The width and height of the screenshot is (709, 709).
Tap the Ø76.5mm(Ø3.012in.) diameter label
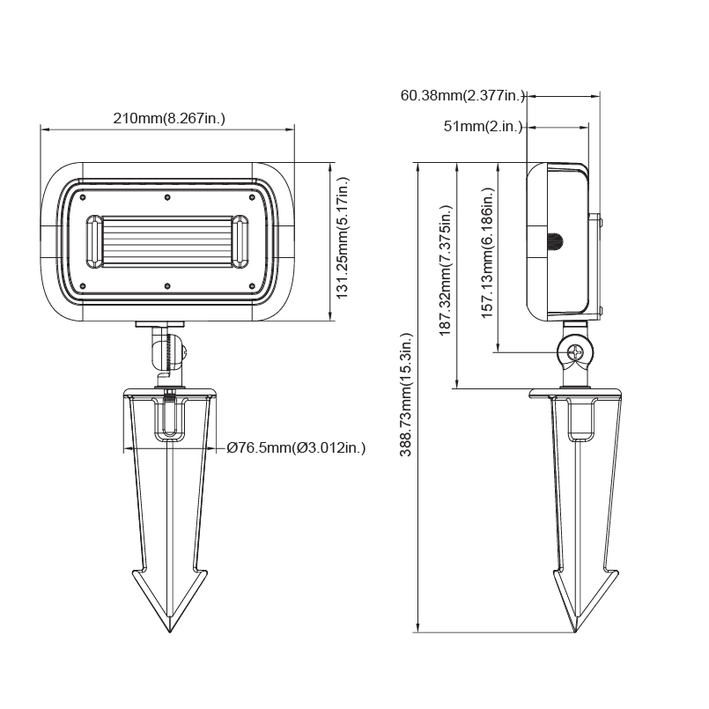point(295,448)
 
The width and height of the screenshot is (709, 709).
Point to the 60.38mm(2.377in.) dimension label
point(463,95)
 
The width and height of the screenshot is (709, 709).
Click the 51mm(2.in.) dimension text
point(482,127)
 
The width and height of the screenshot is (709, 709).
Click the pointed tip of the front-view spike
point(168,631)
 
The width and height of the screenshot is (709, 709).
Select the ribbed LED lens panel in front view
point(167,240)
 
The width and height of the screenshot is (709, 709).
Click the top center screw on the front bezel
point(167,196)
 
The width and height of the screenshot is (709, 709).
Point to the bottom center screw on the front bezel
point(167,285)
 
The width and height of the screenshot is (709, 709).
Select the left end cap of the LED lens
point(93,240)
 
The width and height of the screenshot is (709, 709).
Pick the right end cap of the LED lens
point(241,240)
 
